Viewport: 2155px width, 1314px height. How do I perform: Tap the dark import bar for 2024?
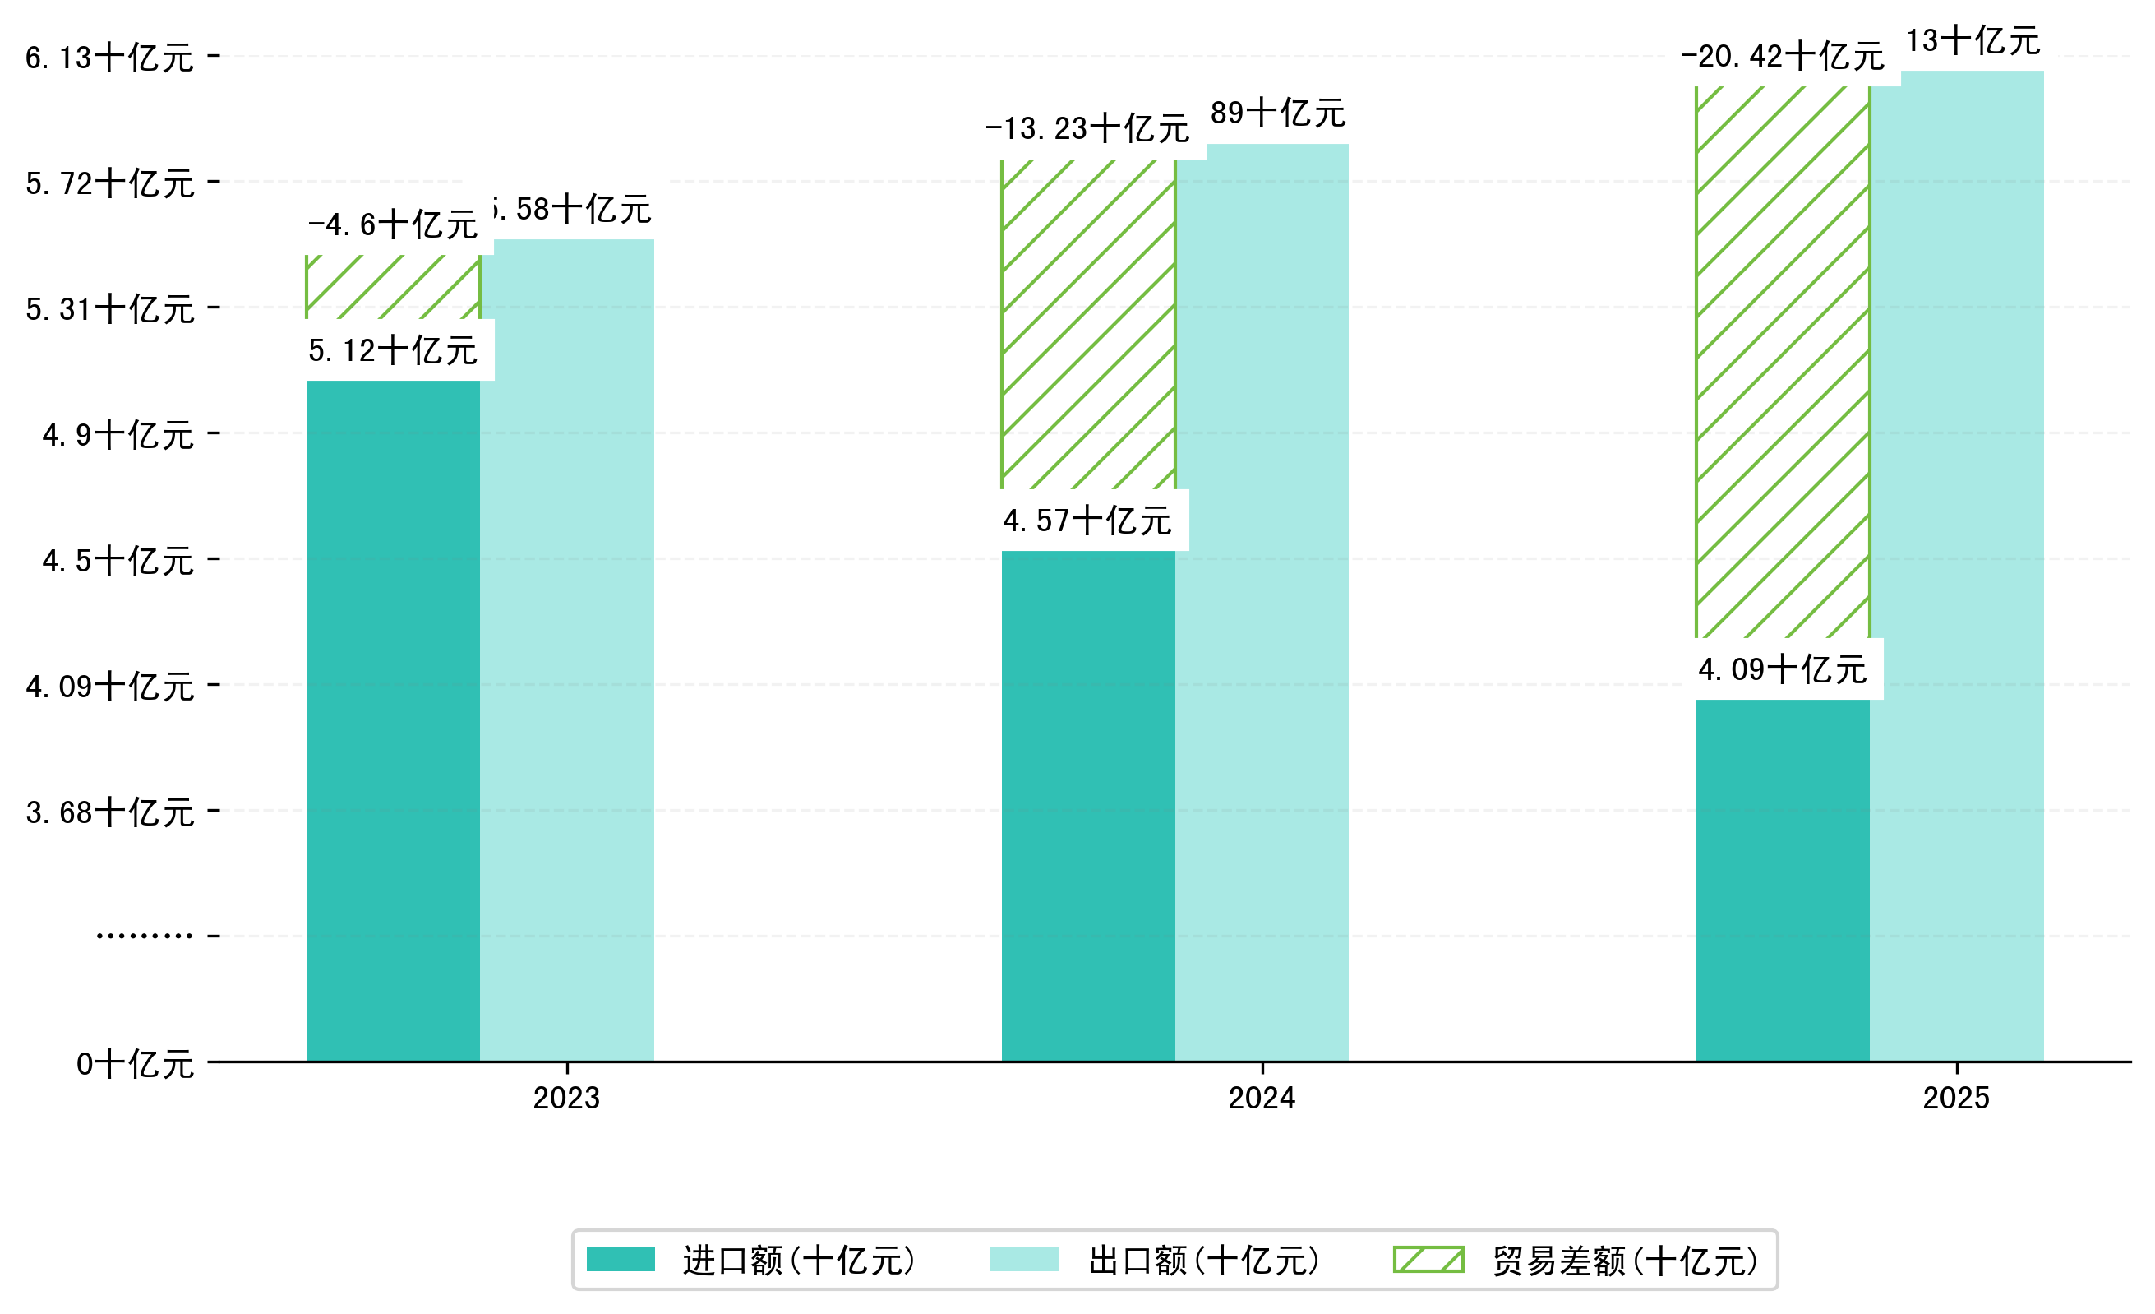pos(1087,805)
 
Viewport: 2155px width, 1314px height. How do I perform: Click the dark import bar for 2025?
pos(1783,879)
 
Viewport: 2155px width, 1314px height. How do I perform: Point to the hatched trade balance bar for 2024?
pos(1087,324)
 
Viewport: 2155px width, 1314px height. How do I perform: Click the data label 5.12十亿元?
pos(393,351)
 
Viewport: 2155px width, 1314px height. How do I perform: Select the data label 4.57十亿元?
pos(1087,521)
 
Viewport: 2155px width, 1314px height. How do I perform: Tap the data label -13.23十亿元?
pos(1087,128)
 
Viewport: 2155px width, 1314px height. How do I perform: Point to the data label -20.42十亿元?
pos(1783,57)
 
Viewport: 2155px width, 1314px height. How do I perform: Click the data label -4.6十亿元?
pos(393,224)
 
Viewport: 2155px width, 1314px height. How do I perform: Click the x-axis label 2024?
pos(1261,1098)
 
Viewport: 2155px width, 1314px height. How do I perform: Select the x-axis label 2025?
pos(1955,1098)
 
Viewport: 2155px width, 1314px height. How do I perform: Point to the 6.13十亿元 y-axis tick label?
pos(109,58)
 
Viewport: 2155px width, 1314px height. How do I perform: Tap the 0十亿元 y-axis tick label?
pos(135,1064)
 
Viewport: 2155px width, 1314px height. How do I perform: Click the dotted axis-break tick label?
pos(145,936)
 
